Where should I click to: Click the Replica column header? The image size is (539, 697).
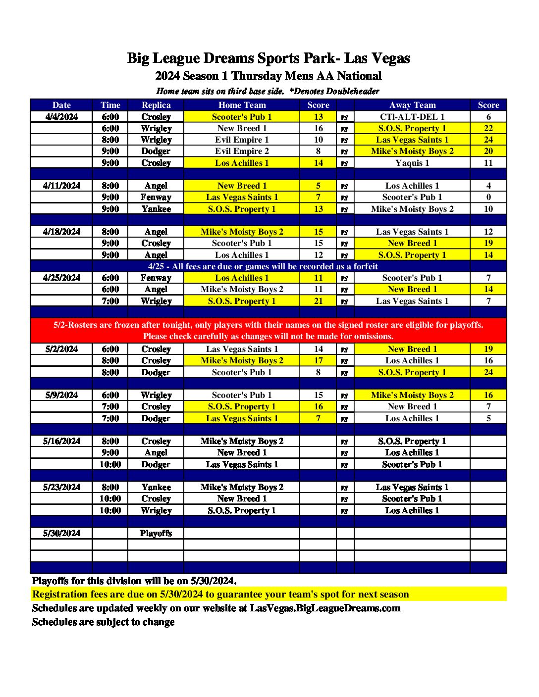pyautogui.click(x=156, y=105)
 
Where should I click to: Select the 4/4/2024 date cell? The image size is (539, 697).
pyautogui.click(x=61, y=117)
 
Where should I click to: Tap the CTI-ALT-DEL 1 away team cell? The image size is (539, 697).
pyautogui.click(x=412, y=117)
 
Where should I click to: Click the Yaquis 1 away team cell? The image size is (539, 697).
pyautogui.click(x=412, y=163)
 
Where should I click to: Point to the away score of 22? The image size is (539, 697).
pyautogui.click(x=488, y=128)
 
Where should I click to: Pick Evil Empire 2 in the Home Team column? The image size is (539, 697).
pyautogui.click(x=242, y=151)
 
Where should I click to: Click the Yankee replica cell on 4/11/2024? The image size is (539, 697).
pyautogui.click(x=156, y=209)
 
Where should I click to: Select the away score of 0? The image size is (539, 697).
pyautogui.click(x=488, y=197)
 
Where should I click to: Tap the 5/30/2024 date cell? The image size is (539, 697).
pyautogui.click(x=61, y=533)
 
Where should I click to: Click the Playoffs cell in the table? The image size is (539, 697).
pyautogui.click(x=156, y=533)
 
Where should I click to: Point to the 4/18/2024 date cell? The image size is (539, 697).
pyautogui.click(x=61, y=232)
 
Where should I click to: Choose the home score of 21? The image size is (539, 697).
pyautogui.click(x=318, y=301)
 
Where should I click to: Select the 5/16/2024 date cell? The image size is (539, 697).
pyautogui.click(x=61, y=441)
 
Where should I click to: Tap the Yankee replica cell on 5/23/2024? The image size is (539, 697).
pyautogui.click(x=156, y=487)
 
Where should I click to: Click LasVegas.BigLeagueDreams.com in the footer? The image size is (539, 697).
pyautogui.click(x=325, y=608)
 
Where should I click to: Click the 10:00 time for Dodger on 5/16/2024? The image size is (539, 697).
pyautogui.click(x=110, y=464)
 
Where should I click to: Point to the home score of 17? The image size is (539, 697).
pyautogui.click(x=318, y=360)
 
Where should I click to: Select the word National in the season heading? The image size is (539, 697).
pyautogui.click(x=359, y=76)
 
